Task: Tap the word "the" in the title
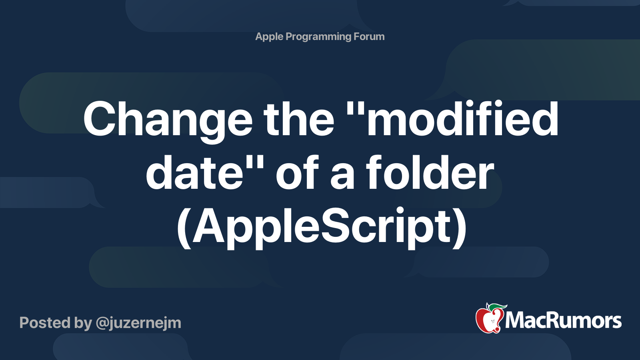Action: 298,119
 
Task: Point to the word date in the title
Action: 194,173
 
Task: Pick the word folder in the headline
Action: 430,173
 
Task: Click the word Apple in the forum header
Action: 269,37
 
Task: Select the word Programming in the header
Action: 318,37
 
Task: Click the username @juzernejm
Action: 138,323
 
